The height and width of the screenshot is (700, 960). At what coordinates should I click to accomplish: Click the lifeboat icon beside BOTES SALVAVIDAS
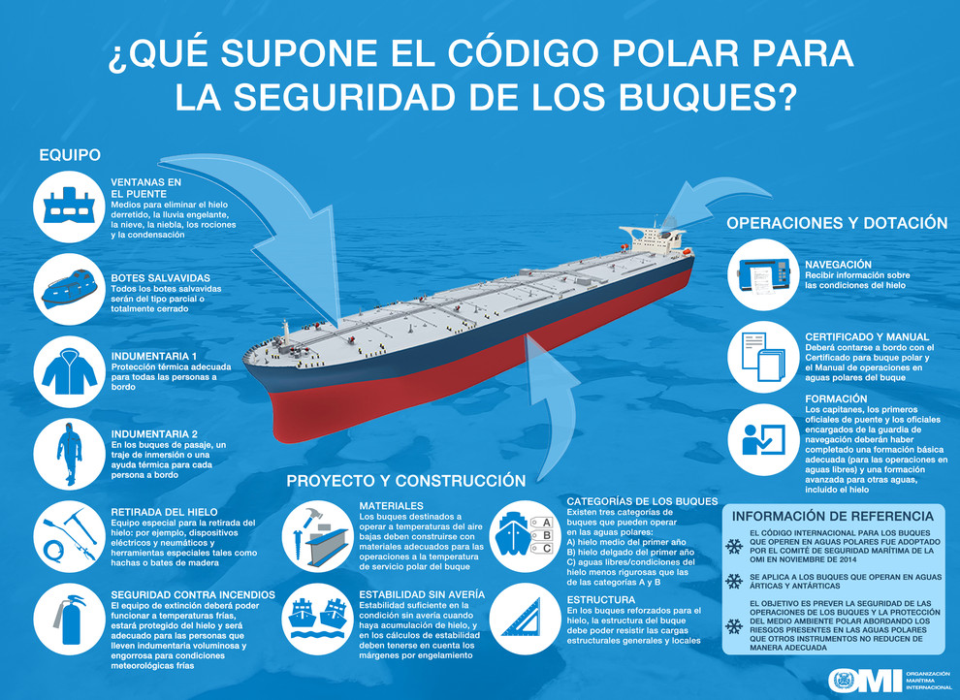[69, 289]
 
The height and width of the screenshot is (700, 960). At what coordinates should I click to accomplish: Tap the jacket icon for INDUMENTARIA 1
[69, 371]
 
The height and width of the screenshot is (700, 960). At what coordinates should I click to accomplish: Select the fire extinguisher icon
[69, 620]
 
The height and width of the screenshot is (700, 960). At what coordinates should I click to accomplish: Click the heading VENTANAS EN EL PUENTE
[145, 188]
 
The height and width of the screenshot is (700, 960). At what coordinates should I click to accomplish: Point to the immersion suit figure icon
[69, 454]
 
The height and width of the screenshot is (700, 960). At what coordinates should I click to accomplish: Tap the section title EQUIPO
[70, 155]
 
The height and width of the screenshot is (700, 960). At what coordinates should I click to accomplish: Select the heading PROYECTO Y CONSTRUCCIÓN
[406, 481]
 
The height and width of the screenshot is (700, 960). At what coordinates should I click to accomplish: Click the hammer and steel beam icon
[317, 536]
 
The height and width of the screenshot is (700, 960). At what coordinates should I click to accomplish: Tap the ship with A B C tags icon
[525, 535]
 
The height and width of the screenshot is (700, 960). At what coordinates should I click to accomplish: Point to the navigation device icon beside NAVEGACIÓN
[763, 274]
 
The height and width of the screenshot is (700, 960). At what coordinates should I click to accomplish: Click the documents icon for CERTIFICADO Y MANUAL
[763, 357]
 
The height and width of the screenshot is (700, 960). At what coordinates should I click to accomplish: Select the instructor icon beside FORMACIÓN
[763, 439]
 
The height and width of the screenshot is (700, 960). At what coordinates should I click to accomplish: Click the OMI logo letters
[865, 680]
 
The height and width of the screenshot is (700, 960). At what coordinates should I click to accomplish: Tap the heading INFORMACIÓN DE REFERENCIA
[833, 517]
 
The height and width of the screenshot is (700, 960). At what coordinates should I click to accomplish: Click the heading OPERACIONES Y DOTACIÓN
[837, 223]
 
